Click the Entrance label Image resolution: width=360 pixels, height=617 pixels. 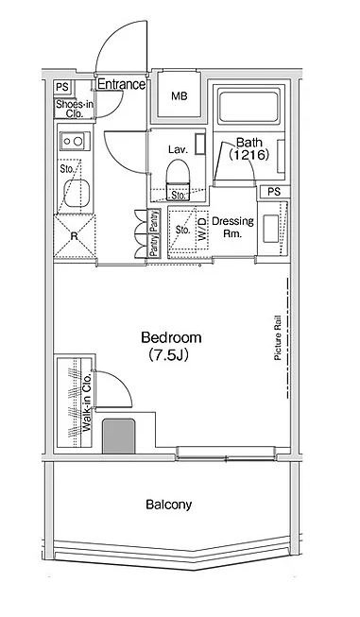tap(121, 84)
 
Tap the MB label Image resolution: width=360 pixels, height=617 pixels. tap(179, 95)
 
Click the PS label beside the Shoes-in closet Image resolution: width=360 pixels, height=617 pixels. tap(61, 87)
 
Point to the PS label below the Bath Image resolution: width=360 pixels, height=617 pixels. tap(274, 192)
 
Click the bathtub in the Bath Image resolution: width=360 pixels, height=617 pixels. tap(249, 106)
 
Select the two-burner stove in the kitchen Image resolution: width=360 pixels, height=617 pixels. tap(75, 141)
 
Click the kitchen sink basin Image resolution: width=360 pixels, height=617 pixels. tap(77, 193)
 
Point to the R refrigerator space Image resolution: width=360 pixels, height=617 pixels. tap(75, 236)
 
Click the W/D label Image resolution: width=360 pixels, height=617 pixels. tap(201, 230)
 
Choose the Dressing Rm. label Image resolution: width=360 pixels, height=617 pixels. tap(232, 227)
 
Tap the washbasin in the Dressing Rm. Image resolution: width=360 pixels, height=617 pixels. tap(270, 229)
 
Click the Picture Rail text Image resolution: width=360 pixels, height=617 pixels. tap(278, 338)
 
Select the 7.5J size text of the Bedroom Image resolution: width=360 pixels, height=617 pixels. tap(168, 355)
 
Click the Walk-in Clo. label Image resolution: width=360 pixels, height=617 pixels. tap(87, 403)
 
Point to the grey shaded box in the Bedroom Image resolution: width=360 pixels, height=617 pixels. tap(119, 436)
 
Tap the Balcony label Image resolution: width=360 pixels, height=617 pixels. tap(169, 505)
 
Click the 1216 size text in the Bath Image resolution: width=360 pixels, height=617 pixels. tap(249, 155)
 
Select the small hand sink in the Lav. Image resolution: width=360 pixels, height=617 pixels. tap(200, 144)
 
